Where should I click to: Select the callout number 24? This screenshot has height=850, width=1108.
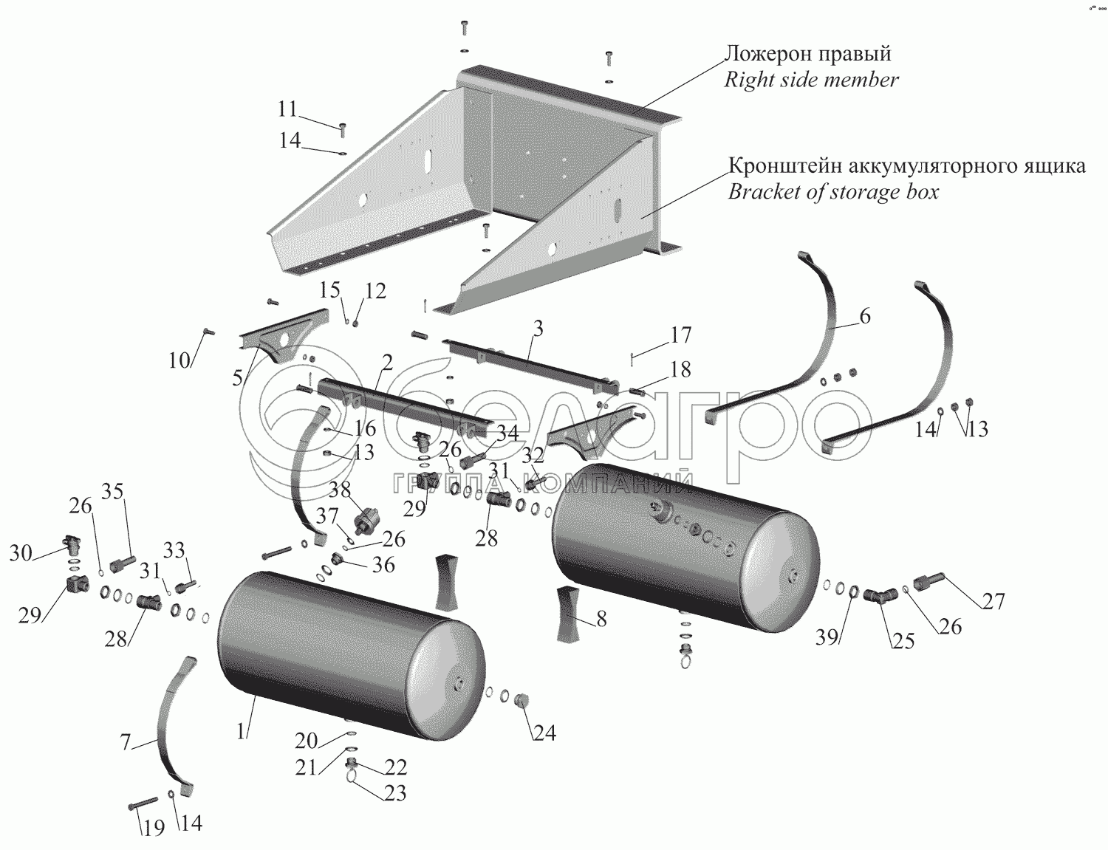point(544,733)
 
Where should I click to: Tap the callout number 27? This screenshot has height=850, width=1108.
point(994,601)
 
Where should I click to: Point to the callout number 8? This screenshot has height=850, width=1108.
point(601,619)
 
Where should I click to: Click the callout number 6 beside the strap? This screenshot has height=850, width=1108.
point(865,317)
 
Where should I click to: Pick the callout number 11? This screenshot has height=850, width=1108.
point(287,109)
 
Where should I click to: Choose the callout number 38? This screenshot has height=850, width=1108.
point(340,490)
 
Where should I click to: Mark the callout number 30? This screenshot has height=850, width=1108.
point(21,552)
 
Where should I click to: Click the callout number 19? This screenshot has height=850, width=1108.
point(154,828)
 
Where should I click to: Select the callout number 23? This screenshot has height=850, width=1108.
point(395,793)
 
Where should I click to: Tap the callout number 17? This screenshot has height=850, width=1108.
point(681,335)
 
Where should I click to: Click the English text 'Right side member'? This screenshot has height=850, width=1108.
point(811,80)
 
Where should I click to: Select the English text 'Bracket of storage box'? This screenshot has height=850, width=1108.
point(833,192)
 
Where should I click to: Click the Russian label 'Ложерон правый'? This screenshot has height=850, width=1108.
point(809,53)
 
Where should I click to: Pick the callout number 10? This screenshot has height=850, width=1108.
point(179,360)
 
